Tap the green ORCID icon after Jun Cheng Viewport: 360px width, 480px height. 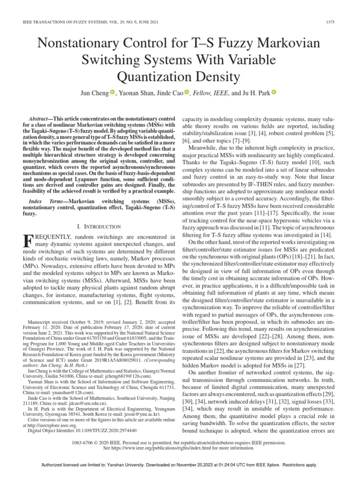coord(112,92)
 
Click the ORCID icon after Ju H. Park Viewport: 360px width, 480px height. coord(274,92)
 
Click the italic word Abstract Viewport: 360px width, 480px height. coord(39,120)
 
